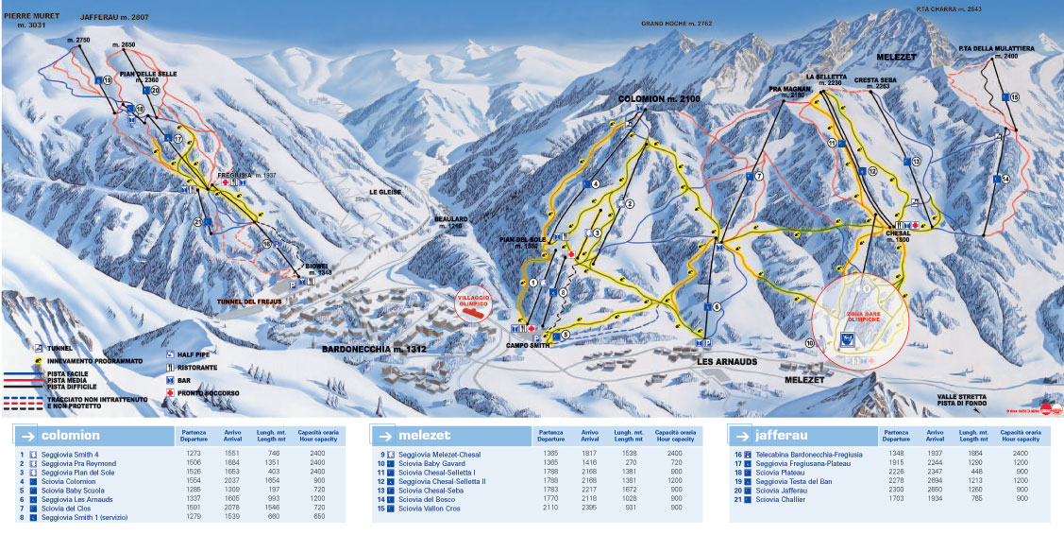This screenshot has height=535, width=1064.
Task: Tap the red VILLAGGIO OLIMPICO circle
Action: pyautogui.click(x=473, y=303)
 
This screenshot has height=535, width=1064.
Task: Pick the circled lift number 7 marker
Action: pyautogui.click(x=757, y=176)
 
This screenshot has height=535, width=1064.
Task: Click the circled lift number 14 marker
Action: pyautogui.click(x=1005, y=179)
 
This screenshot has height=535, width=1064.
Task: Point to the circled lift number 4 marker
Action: pyautogui.click(x=596, y=183)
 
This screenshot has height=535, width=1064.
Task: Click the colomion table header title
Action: pyautogui.click(x=70, y=435)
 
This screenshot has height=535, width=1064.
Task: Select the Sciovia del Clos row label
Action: pyautogui.click(x=71, y=509)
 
